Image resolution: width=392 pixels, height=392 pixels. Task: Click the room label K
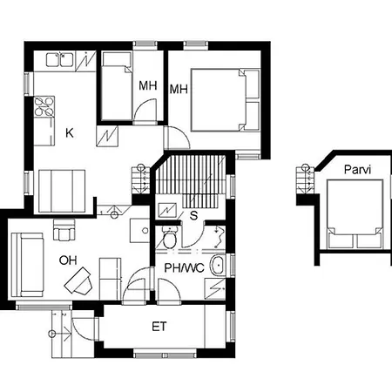pos(70,133)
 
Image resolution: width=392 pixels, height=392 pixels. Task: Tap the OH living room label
pos(68,260)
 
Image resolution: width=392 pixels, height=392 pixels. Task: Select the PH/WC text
pos(184,267)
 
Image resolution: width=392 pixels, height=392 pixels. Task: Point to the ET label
pos(159,327)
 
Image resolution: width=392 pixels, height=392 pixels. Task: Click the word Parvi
pos(357,169)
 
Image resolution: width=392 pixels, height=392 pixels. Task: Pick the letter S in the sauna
pos(193,215)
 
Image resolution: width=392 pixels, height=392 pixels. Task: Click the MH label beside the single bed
pos(148,85)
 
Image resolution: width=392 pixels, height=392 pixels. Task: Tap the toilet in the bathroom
pos(169,238)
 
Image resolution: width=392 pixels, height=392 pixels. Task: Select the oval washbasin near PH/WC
pos(218,265)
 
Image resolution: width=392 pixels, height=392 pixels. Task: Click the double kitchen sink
pos(59,59)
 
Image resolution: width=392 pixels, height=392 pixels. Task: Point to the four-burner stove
pos(44,106)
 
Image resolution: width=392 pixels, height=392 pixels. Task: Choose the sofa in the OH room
pos(27,265)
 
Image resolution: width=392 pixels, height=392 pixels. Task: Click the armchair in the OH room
pos(64,230)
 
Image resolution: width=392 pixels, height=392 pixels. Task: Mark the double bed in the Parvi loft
pos(355,214)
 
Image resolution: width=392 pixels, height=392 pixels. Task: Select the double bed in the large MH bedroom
pos(226,100)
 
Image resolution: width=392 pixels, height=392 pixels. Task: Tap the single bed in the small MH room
pos(117,86)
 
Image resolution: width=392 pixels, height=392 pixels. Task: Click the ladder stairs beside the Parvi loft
pos(305,179)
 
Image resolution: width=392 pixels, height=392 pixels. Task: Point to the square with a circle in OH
pos(139,231)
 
